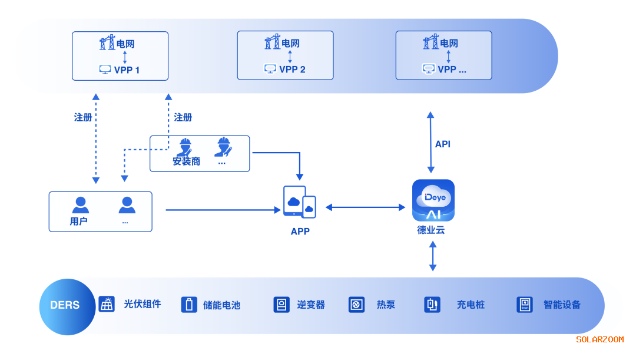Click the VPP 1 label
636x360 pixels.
pyautogui.click(x=127, y=70)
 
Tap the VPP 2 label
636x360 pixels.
pyautogui.click(x=292, y=70)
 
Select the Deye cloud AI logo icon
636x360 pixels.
pyautogui.click(x=433, y=200)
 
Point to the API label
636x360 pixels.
pyautogui.click(x=443, y=144)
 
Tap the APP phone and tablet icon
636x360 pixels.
pyautogui.click(x=299, y=203)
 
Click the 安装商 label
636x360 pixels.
pyautogui.click(x=186, y=161)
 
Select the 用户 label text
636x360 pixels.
pyautogui.click(x=79, y=222)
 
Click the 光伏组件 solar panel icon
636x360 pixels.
pyautogui.click(x=107, y=304)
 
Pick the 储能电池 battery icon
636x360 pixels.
pyautogui.click(x=189, y=305)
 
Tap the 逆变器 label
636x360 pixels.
pyautogui.click(x=311, y=305)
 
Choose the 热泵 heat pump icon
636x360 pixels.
pyautogui.click(x=356, y=305)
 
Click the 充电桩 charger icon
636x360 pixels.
pyautogui.click(x=432, y=305)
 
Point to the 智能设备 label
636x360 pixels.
pyautogui.click(x=562, y=305)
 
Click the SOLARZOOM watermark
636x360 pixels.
pyautogui.click(x=599, y=339)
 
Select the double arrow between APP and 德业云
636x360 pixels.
pyautogui.click(x=365, y=207)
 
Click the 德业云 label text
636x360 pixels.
pyautogui.click(x=431, y=230)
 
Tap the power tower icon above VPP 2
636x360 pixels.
pyautogui.click(x=272, y=42)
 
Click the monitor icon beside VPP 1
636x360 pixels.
pyautogui.click(x=105, y=70)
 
